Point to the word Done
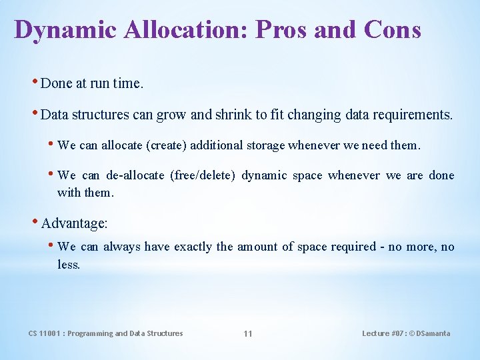(57, 83)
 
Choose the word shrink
(233, 115)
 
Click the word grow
(171, 115)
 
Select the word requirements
(414, 115)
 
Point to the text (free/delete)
(202, 175)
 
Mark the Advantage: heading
(74, 223)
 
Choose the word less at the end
(68, 265)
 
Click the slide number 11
(247, 333)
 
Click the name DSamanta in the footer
(432, 333)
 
